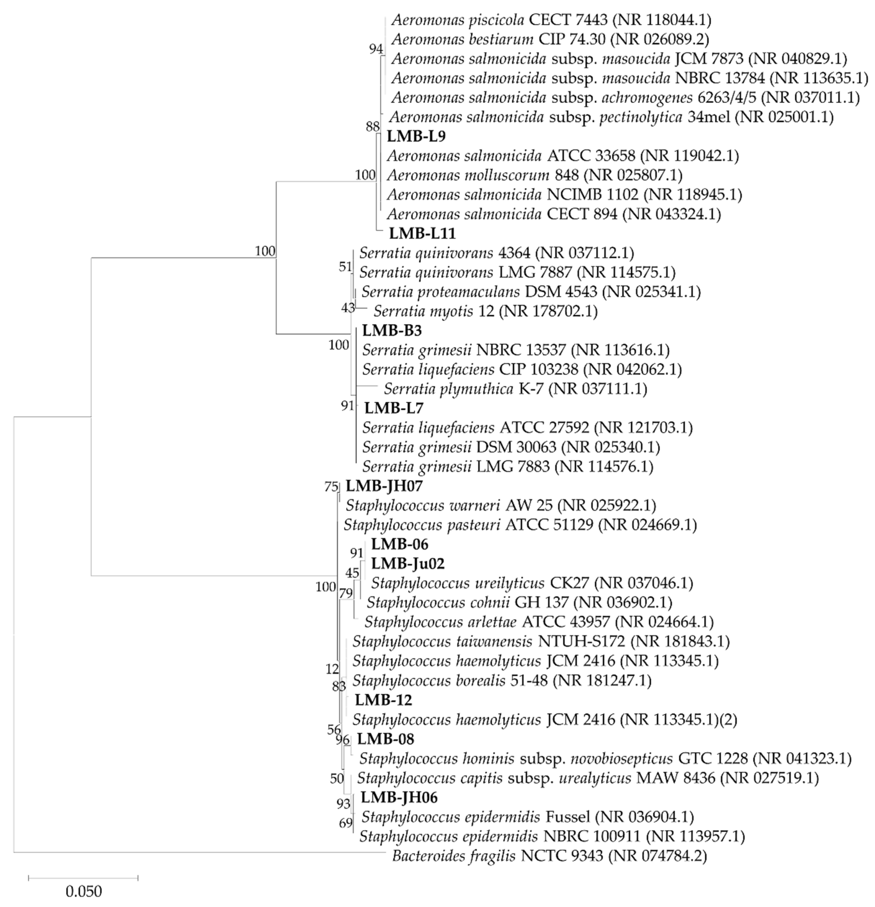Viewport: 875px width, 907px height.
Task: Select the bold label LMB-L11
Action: (x=422, y=234)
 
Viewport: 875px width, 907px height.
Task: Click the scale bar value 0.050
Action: (x=84, y=891)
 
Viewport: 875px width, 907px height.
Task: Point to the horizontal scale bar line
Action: (x=83, y=877)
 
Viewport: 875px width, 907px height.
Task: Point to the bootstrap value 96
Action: (x=343, y=740)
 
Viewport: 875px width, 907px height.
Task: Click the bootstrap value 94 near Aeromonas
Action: (x=376, y=49)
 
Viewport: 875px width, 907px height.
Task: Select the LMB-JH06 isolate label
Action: (x=399, y=798)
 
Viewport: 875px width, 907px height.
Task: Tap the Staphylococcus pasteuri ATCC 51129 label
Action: (x=520, y=525)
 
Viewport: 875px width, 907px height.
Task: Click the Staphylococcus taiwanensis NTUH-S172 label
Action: (x=540, y=641)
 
